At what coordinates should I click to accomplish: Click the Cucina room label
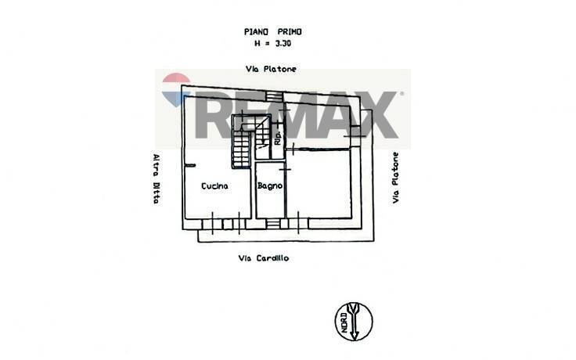tap(214, 186)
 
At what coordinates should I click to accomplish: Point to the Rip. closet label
tap(277, 139)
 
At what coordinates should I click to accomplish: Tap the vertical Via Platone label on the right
tap(397, 178)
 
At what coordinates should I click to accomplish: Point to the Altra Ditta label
tap(157, 178)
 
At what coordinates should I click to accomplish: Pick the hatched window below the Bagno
tap(272, 225)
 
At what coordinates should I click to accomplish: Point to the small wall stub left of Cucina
tap(191, 164)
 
